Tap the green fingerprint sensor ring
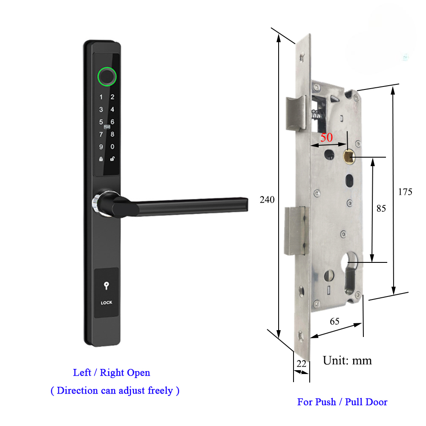pos(106,76)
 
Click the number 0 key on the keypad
pos(112,147)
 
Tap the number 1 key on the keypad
pos(101,97)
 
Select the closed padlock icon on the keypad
pos(101,159)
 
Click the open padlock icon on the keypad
pos(112,159)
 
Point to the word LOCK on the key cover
pos(106,303)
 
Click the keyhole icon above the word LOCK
pos(106,287)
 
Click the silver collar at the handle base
pos(97,201)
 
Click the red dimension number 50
pos(326,138)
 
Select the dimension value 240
pos(267,199)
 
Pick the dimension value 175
pos(405,192)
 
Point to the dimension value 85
pos(381,209)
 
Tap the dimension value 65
pos(334,321)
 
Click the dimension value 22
pos(301,363)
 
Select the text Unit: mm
pos(347,361)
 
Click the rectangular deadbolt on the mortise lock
pos(295,230)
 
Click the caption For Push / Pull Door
pos(342,402)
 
